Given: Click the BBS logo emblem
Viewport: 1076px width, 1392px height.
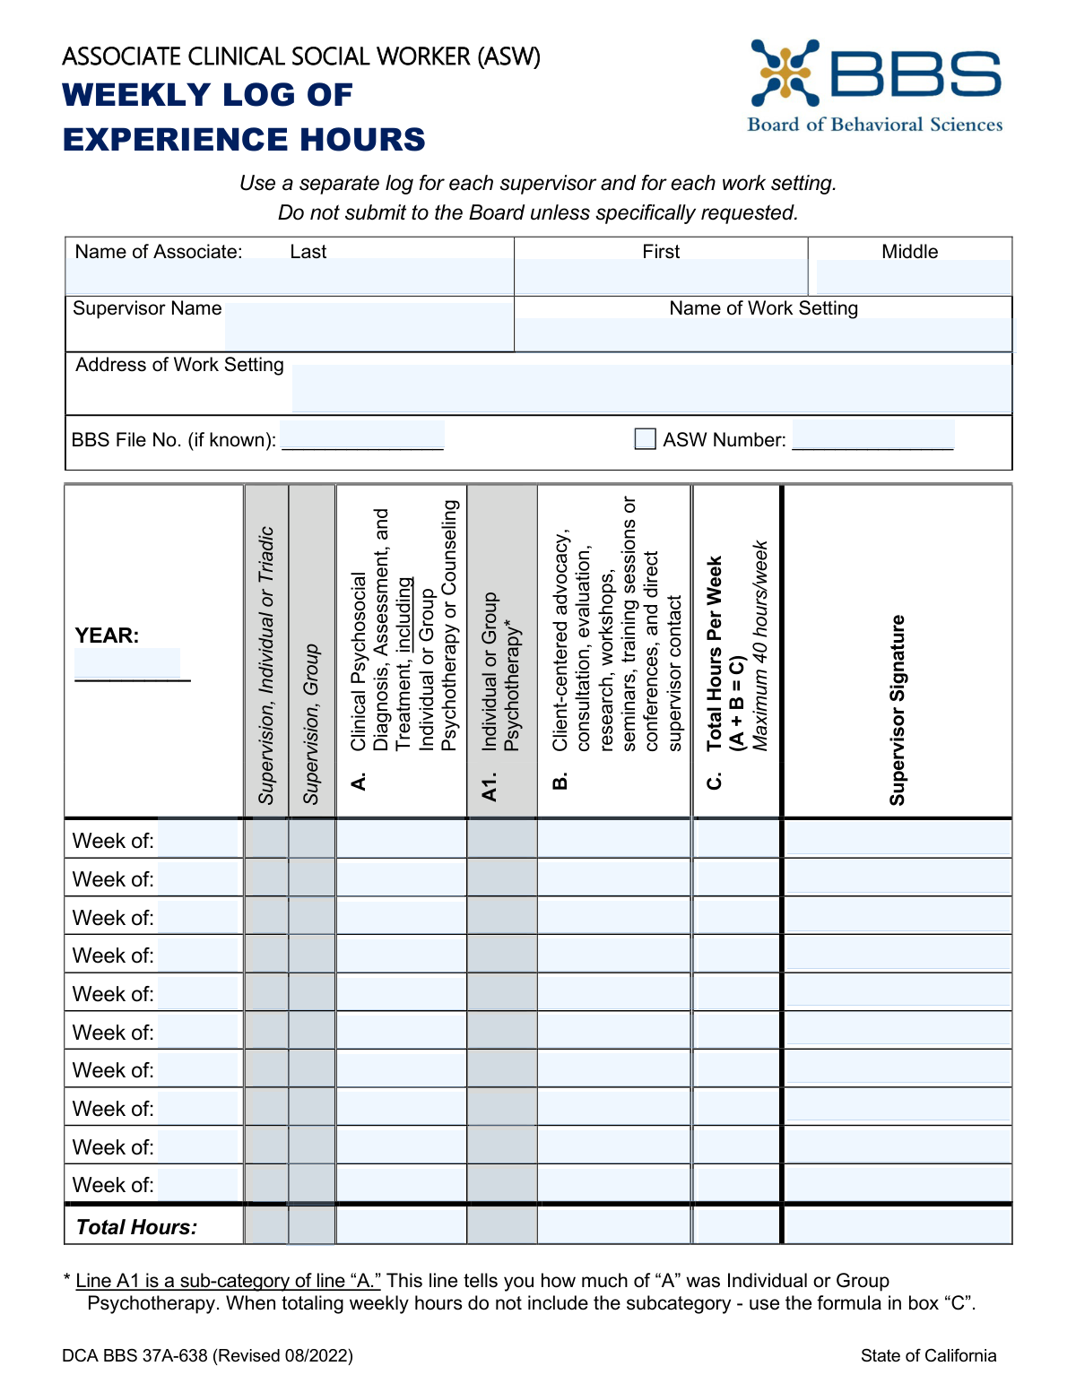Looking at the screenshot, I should [785, 73].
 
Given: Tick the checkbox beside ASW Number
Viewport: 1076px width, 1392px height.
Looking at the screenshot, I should [645, 439].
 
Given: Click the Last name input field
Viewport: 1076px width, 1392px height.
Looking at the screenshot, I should [290, 277].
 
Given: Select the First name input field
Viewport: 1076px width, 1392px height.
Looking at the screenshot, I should [661, 277].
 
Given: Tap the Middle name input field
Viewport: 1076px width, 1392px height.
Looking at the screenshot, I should [913, 277].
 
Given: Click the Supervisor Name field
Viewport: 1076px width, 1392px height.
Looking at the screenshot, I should [368, 326].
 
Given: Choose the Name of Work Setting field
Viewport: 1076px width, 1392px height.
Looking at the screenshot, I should [763, 334].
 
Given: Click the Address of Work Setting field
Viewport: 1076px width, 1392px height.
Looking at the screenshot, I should [651, 388].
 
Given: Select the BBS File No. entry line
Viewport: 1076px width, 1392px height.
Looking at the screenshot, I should [362, 437].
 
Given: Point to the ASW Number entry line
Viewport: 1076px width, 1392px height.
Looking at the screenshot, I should [872, 437].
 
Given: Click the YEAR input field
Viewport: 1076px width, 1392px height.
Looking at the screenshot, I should [127, 663].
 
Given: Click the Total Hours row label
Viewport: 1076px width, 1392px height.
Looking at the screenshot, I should [136, 1227].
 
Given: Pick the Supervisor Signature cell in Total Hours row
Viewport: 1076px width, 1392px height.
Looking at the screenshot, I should [898, 1225].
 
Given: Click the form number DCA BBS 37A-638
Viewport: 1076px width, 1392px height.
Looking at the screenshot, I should [207, 1355].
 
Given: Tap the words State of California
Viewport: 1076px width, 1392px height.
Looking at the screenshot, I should [928, 1355].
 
